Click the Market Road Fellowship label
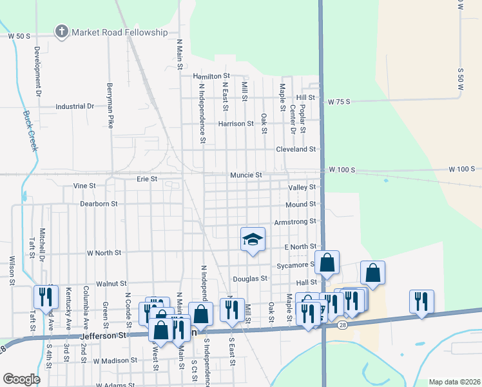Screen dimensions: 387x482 [119, 32]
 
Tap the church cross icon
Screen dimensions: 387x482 [62, 31]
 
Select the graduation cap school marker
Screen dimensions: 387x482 [253, 240]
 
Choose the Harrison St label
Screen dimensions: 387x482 [236, 124]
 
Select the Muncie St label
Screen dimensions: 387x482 [246, 175]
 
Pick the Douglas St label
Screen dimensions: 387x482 [250, 279]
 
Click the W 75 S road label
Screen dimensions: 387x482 [338, 102]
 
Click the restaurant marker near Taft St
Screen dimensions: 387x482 [46, 297]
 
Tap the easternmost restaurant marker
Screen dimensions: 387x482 [421, 301]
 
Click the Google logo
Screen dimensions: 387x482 [21, 379]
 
